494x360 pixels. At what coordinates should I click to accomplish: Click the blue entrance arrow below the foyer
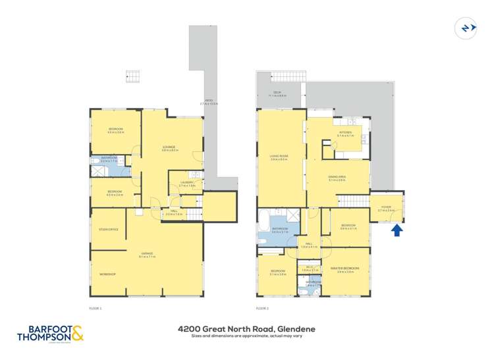[397, 230]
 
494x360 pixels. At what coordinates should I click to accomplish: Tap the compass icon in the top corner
[465, 28]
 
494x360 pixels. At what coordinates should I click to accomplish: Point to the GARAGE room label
[147, 253]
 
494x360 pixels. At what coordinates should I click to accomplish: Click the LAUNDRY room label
[187, 183]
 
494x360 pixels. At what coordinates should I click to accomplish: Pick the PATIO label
[209, 101]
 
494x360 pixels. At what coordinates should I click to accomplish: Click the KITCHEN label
[346, 133]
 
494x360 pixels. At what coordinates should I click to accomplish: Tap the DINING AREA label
[337, 178]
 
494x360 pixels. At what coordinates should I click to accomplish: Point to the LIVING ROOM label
[279, 157]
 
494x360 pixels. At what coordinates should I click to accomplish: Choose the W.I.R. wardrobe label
[310, 267]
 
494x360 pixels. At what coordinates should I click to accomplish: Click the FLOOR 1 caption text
[96, 307]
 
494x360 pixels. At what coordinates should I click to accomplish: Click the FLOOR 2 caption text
[262, 307]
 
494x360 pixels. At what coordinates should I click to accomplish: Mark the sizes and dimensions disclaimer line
[246, 336]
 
